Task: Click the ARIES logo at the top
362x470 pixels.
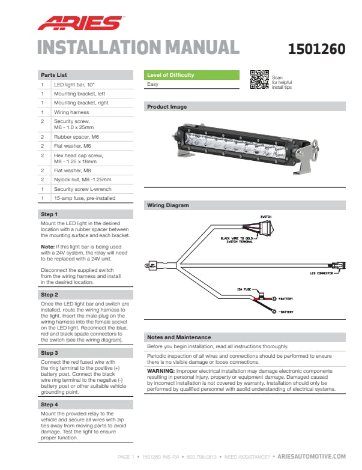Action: tap(80, 23)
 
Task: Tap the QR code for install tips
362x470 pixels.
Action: tap(259, 79)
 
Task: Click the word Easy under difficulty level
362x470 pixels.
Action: tap(152, 85)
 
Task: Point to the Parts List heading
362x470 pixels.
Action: tap(53, 75)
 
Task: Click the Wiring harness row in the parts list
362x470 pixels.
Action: tap(71, 112)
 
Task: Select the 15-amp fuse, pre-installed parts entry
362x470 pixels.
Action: tap(84, 197)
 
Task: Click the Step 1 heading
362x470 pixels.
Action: tap(49, 214)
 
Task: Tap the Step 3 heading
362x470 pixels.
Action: tap(49, 353)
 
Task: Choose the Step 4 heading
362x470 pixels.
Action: tap(49, 405)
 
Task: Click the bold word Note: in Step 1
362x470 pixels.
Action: tap(47, 246)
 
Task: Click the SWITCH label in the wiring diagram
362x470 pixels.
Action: tap(265, 215)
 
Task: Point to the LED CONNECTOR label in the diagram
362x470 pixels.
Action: tap(321, 272)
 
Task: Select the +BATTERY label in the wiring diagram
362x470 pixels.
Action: tap(286, 298)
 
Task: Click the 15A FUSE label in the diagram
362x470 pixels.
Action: tap(243, 289)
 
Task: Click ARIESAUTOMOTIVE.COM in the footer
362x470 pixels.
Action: tap(312, 457)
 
